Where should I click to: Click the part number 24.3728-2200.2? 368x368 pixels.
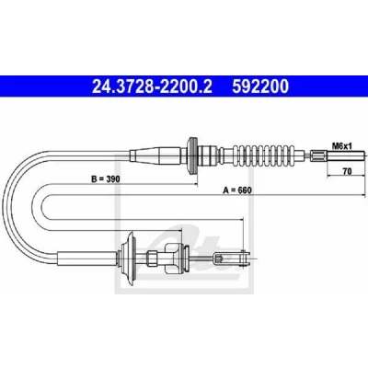(x=152, y=86)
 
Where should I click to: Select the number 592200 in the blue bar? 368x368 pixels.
(x=260, y=86)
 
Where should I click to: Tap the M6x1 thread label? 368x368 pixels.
(x=342, y=146)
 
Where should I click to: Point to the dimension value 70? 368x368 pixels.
(x=347, y=171)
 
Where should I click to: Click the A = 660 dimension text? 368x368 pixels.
(x=237, y=190)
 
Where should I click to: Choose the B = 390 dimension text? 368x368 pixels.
(x=106, y=178)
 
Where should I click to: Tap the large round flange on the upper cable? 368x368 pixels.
(x=193, y=156)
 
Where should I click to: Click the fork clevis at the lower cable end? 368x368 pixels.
(x=233, y=259)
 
